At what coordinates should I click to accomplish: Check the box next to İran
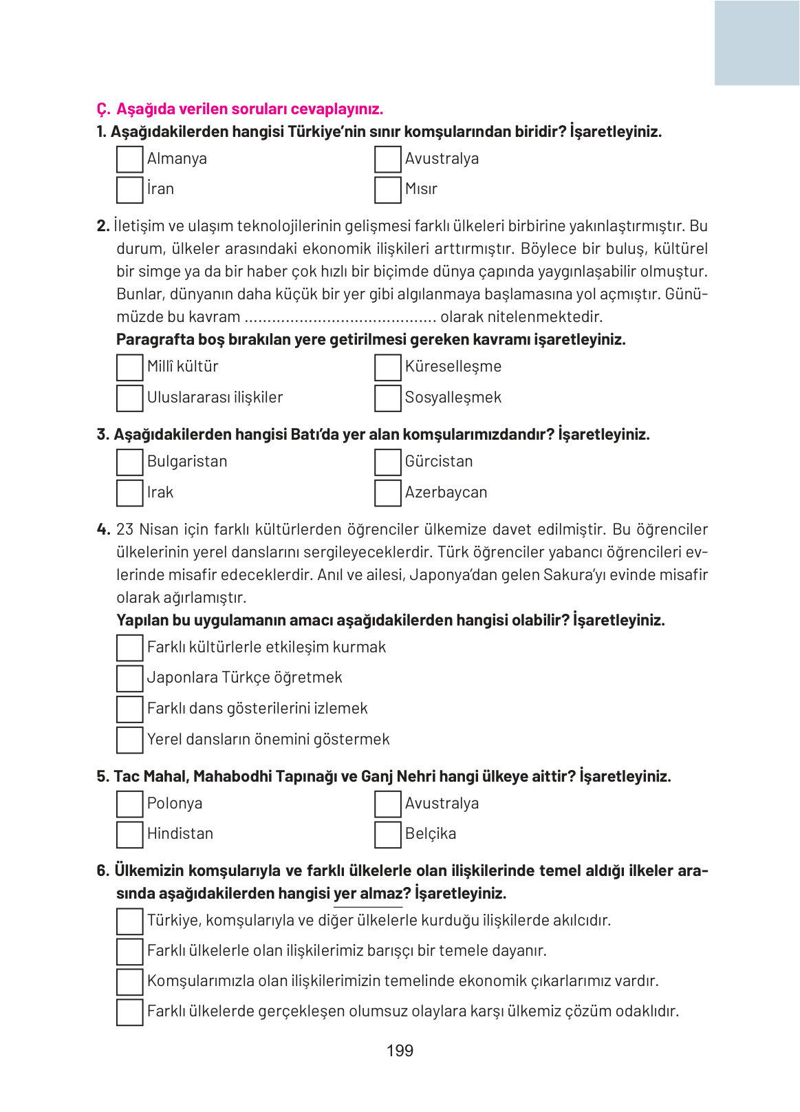(129, 190)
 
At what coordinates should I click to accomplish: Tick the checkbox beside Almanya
(129, 159)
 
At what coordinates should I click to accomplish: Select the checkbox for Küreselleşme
(387, 367)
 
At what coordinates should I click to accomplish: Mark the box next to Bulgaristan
(129, 462)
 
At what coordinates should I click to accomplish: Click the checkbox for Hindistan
(129, 835)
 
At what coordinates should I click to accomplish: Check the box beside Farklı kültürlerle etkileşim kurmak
(129, 648)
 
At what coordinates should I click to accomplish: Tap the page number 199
(400, 1051)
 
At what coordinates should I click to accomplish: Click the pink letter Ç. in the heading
(103, 109)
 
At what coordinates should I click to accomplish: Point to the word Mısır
(421, 189)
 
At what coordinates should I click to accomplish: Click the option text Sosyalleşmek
(453, 398)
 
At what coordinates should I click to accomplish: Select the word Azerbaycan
(446, 493)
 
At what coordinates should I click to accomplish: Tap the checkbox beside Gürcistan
(387, 462)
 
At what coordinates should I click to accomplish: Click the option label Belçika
(430, 834)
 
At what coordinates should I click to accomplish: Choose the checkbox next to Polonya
(129, 804)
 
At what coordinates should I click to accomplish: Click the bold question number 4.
(103, 530)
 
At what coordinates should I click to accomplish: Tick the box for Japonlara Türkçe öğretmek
(129, 678)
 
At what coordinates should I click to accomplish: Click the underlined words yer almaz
(367, 894)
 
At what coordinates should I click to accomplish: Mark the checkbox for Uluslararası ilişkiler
(129, 398)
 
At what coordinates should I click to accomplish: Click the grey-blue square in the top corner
(757, 43)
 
